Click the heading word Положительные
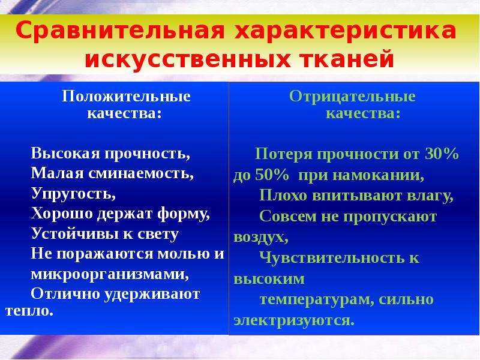127,97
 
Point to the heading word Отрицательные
352,97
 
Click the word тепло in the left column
28,311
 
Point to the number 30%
441,155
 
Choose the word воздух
260,238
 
